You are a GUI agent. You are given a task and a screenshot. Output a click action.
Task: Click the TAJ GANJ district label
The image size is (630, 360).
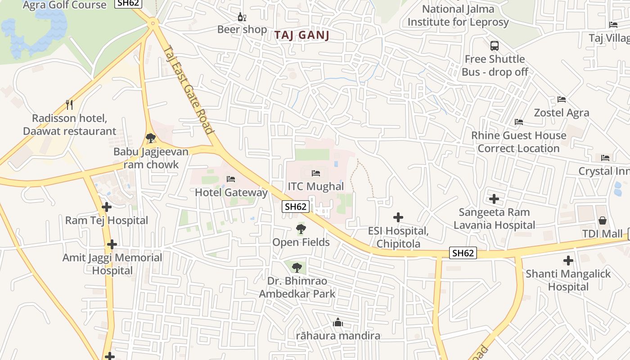click(x=302, y=36)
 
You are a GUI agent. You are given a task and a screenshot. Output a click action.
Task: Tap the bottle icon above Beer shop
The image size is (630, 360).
click(x=242, y=17)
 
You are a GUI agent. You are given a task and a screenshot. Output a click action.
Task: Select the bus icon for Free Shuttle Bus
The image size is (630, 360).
click(x=495, y=46)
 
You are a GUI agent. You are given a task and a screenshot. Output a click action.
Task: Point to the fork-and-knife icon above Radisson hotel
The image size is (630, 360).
click(x=69, y=105)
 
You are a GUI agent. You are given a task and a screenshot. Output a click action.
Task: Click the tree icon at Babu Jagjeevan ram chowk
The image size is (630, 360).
click(x=151, y=138)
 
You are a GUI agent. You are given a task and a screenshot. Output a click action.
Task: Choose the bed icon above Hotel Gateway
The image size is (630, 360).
click(x=231, y=179)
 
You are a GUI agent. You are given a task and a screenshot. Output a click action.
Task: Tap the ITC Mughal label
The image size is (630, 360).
click(x=316, y=186)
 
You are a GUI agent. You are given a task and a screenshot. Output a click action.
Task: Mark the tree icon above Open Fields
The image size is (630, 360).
click(x=301, y=229)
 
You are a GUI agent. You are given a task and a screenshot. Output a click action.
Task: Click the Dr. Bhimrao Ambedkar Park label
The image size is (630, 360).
click(x=297, y=288)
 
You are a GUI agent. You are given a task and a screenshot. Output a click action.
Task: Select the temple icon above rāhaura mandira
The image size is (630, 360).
click(x=337, y=322)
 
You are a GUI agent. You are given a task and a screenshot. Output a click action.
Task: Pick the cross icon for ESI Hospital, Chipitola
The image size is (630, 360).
click(x=398, y=218)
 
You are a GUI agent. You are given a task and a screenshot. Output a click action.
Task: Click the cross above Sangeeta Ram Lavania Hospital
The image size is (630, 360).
click(x=494, y=198)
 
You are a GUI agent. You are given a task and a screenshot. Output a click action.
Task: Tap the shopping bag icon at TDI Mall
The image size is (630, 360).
click(x=603, y=220)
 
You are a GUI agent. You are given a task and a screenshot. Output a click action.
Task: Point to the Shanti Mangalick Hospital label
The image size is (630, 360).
click(x=568, y=280)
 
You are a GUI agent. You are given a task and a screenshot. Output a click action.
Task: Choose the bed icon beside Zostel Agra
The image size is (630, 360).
click(x=562, y=99)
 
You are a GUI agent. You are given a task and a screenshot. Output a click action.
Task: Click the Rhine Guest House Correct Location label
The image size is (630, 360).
click(x=518, y=142)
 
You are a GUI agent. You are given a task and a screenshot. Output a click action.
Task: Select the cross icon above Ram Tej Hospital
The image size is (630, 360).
click(x=107, y=207)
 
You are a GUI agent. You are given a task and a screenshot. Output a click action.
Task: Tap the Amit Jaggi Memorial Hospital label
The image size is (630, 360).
click(x=112, y=264)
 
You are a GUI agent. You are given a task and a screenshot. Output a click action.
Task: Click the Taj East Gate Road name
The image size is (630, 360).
click(x=188, y=90)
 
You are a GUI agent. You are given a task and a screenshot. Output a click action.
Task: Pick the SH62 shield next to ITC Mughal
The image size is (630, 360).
click(x=296, y=207)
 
